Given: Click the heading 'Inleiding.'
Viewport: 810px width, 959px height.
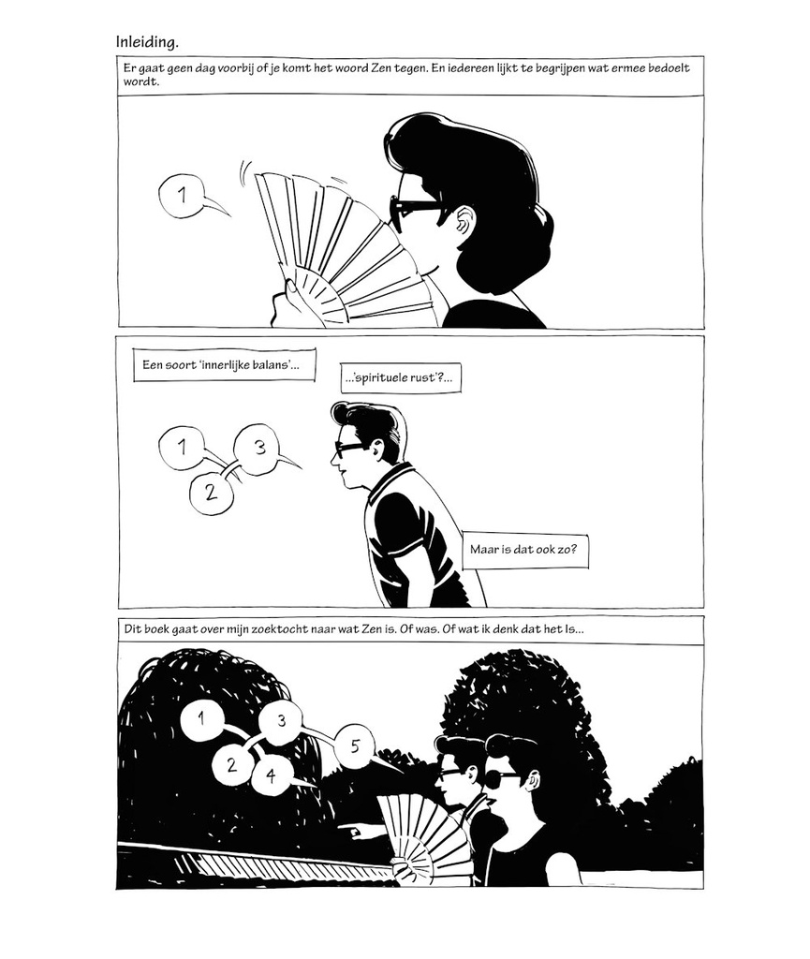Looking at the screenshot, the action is tap(147, 42).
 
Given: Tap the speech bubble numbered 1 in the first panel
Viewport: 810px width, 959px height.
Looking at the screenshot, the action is tap(182, 196).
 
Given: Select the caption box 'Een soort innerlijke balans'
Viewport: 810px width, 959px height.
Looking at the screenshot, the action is tap(225, 365).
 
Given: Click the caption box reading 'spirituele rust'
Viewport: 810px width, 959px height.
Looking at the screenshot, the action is tap(401, 378).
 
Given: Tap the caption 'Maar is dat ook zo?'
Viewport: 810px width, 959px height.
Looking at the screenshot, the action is tap(525, 549).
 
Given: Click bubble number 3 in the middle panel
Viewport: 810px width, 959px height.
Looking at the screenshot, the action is tap(259, 449).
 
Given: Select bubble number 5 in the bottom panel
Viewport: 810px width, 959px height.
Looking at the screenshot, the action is tap(355, 746).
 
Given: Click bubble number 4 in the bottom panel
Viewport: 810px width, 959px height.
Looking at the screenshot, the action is tap(271, 776).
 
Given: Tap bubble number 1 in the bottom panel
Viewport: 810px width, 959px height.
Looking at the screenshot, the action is tap(202, 717).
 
